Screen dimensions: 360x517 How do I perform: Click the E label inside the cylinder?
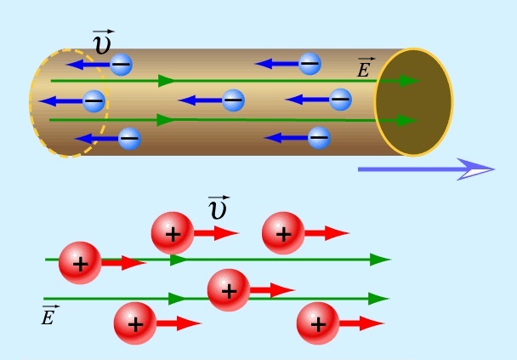pos(364,68)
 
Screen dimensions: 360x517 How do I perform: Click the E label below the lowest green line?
pos(50,316)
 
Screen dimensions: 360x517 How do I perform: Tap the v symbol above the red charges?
pos(218,208)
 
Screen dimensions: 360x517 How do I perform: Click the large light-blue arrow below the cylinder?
pos(425,169)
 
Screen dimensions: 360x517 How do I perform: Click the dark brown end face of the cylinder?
pos(414,101)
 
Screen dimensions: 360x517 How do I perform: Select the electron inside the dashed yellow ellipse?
pos(94,100)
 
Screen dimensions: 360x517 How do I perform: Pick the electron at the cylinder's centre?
pos(233,100)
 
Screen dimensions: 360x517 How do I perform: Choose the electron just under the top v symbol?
pos(122,64)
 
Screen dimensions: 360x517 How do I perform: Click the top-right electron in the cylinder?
pos(310,63)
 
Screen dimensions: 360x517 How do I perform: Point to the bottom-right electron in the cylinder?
pos(318,136)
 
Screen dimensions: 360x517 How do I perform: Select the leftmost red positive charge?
pos(80,263)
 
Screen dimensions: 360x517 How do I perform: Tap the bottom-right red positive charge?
pos(318,323)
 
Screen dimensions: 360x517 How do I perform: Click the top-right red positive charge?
pos(283,233)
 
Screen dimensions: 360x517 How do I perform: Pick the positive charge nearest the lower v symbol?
pos(173,233)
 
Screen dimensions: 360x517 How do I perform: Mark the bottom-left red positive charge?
pos(135,323)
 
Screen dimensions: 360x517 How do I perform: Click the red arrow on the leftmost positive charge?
pos(124,263)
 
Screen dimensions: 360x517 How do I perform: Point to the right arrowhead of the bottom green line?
pos(379,299)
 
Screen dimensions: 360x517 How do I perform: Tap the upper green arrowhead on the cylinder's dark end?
pos(409,81)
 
